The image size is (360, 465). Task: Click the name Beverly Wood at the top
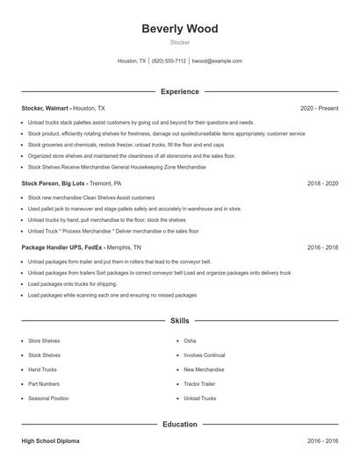point(180,29)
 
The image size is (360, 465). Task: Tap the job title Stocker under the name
point(180,42)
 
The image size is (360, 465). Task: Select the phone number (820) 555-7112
point(169,61)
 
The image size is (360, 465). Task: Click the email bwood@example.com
point(217,61)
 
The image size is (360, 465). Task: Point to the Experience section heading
point(180,91)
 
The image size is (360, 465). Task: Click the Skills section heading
point(180,321)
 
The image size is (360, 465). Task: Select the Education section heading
point(180,425)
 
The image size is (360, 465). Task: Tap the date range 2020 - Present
point(319,108)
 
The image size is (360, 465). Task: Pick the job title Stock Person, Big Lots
point(53,184)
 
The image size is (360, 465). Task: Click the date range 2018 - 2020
point(322,184)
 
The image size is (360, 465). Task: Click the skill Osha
point(190,340)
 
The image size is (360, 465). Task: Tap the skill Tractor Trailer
point(200,383)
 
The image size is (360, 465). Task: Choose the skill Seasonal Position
point(48,398)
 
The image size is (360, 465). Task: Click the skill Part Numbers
point(44,383)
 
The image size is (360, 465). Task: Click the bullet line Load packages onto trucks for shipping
point(72,284)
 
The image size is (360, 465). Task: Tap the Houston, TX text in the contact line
point(133,61)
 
